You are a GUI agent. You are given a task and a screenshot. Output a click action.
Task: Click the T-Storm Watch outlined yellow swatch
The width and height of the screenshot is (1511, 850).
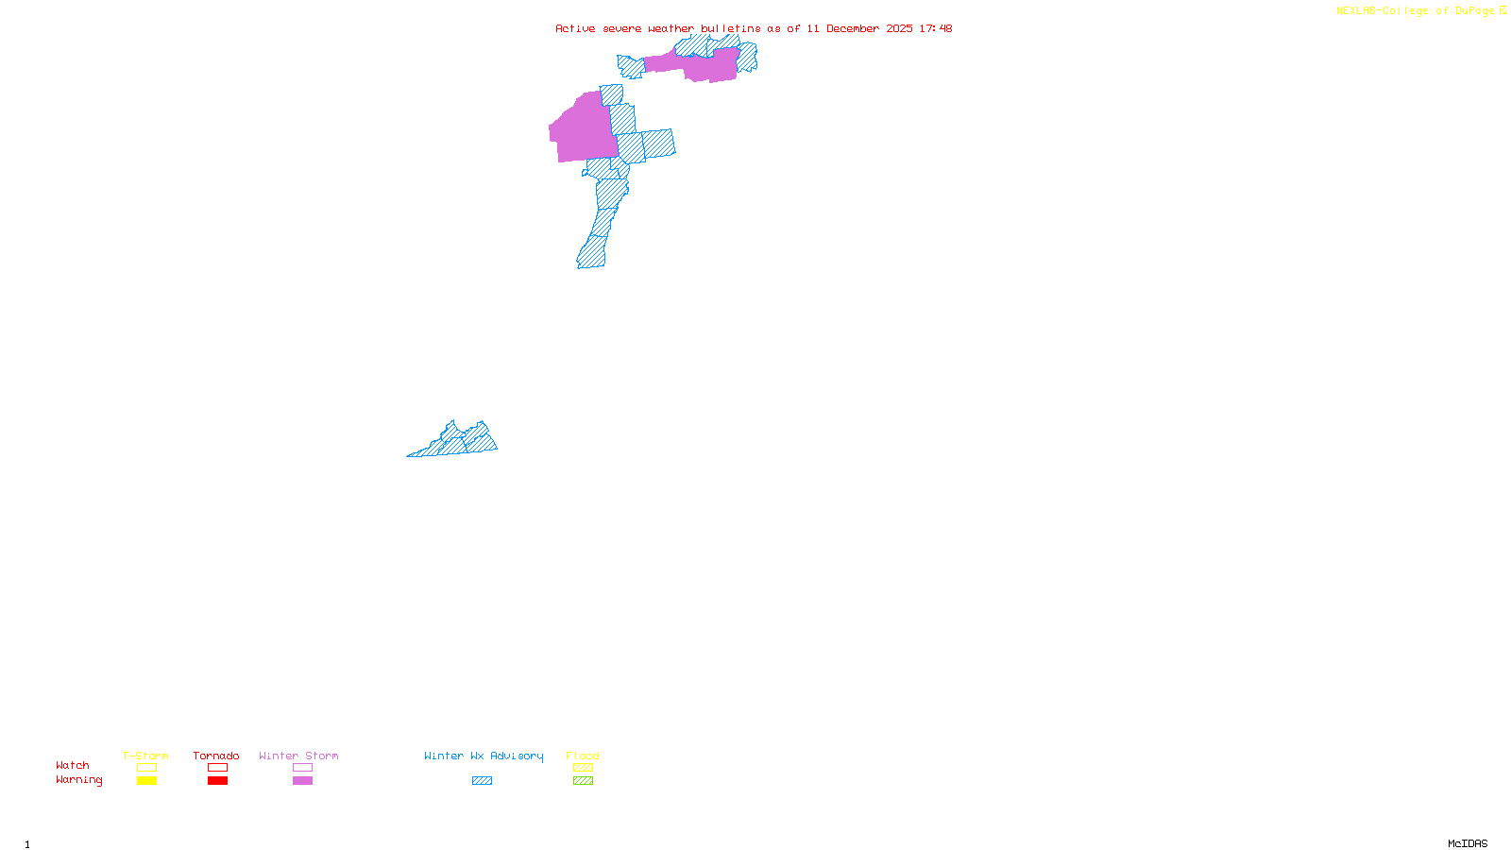pyautogui.click(x=146, y=768)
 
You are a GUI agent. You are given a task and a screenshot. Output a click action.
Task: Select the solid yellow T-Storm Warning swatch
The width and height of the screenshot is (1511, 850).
pyautogui.click(x=146, y=781)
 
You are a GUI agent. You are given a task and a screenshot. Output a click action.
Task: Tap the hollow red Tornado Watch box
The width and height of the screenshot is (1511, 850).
pyautogui.click(x=217, y=768)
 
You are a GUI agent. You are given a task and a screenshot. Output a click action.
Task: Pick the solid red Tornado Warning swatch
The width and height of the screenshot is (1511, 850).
pyautogui.click(x=217, y=781)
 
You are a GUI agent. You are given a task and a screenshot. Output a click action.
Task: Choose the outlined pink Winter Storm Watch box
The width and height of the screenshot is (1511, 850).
pyautogui.click(x=302, y=768)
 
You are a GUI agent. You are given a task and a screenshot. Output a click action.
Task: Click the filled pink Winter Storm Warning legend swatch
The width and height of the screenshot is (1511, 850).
pyautogui.click(x=302, y=781)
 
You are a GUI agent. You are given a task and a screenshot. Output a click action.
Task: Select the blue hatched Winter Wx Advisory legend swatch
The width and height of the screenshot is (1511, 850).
pyautogui.click(x=482, y=781)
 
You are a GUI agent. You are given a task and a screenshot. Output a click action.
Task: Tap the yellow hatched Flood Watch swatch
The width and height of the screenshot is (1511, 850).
pyautogui.click(x=583, y=768)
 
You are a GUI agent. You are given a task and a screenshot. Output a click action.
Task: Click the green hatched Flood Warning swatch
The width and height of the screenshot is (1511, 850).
pyautogui.click(x=583, y=781)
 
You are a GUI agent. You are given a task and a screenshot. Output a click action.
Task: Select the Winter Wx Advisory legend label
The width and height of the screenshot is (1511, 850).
pyautogui.click(x=484, y=756)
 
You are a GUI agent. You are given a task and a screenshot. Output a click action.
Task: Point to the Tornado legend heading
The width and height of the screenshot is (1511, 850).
pyautogui.click(x=216, y=756)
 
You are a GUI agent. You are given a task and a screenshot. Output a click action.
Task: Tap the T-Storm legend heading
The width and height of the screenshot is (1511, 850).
pyautogui.click(x=145, y=756)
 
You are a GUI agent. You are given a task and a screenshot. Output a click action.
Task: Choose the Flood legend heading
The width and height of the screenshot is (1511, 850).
pyautogui.click(x=583, y=756)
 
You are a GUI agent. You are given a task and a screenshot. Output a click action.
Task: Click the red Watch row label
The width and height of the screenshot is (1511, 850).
pyautogui.click(x=73, y=765)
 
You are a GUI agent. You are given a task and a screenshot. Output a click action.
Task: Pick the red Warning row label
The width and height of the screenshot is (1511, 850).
pyautogui.click(x=79, y=780)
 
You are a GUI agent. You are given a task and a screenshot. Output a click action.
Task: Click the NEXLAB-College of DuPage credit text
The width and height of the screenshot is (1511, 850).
pyautogui.click(x=1416, y=11)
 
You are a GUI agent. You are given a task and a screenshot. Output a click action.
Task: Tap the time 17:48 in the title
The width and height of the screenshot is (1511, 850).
pyautogui.click(x=936, y=28)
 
